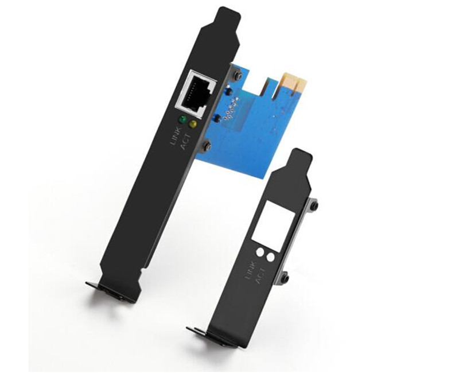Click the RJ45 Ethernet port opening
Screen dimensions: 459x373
pos(195,94)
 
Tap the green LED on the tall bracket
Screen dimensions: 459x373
pos(182,119)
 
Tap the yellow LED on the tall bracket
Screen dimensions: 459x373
pos(193,124)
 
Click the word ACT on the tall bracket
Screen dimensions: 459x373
pos(186,141)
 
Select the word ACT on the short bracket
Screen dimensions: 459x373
pos(261,275)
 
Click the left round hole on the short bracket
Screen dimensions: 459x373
pos(260,252)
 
